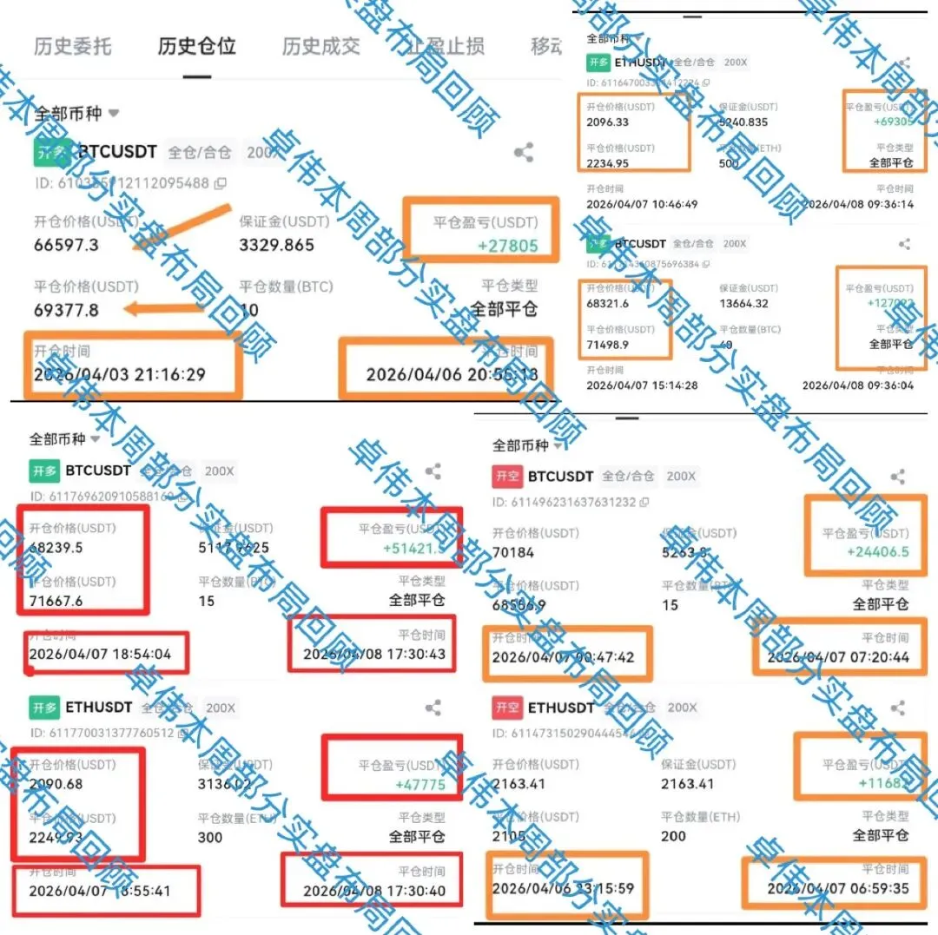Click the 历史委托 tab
point(73,46)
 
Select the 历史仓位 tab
point(197,46)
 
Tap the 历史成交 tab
point(321,46)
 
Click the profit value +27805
point(508,246)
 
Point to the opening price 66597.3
point(67,245)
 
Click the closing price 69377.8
point(67,310)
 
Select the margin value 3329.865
point(277,245)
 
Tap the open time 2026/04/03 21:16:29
point(120,374)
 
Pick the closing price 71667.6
point(56,601)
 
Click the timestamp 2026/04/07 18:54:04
point(100,654)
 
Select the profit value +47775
point(420,785)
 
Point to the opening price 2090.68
point(56,785)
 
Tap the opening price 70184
point(513,552)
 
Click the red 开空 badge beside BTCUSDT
point(507,476)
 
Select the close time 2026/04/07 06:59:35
point(838,888)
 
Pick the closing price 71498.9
point(608,345)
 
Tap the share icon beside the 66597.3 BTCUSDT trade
point(523,154)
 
